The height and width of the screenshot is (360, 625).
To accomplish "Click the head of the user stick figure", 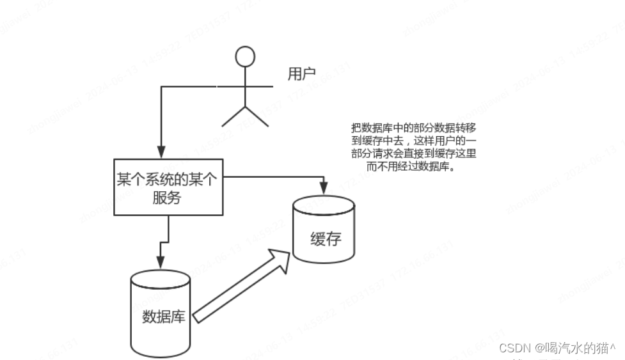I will [244, 56].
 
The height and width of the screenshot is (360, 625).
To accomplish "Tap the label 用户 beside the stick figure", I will [301, 75].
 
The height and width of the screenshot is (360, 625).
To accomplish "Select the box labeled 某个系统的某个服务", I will [168, 187].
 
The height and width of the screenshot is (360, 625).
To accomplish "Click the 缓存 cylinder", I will [324, 229].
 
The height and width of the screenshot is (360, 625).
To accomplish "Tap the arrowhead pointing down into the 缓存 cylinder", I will [323, 188].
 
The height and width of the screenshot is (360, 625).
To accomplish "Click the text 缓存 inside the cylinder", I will [326, 239].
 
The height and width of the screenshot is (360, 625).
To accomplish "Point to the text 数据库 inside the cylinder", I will [163, 317].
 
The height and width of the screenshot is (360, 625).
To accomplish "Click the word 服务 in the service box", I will [167, 198].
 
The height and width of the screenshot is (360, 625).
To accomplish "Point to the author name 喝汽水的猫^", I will [576, 348].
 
